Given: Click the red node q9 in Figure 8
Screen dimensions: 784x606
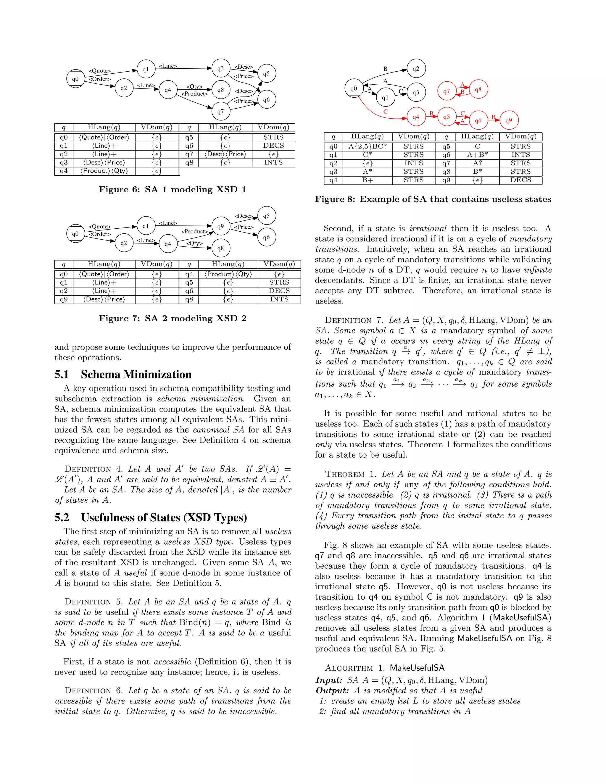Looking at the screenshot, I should point(508,120).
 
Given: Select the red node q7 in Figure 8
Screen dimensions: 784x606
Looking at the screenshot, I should point(446,91).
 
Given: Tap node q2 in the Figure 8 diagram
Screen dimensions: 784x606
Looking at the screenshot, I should point(416,69).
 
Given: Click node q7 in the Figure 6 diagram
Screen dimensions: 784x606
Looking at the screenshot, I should point(220,111).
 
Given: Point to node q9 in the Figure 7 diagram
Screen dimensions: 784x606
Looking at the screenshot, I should point(220,226).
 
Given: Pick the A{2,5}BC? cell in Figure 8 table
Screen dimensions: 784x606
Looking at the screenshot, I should point(367,146).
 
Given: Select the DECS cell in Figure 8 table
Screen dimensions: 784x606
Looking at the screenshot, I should point(520,180).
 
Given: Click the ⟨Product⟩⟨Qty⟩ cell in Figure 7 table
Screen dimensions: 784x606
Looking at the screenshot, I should point(228,274).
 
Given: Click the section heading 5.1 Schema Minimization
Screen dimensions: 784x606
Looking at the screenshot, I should point(123,375).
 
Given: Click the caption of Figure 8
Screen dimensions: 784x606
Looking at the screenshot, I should point(433,199).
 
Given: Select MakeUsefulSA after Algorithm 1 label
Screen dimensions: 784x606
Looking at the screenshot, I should point(417,668).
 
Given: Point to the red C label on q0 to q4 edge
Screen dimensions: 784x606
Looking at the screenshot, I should point(385,112).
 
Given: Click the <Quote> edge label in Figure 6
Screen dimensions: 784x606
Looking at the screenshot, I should point(100,71).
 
